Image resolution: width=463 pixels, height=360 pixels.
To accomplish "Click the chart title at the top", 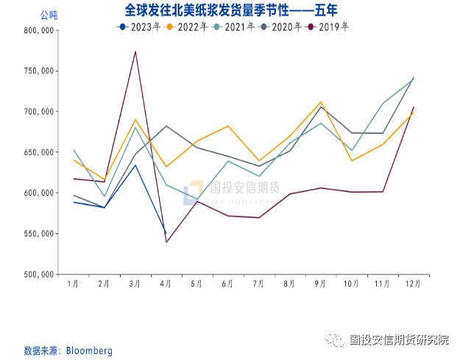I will [x=231, y=10].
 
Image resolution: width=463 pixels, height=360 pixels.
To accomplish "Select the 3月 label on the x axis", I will [x=135, y=283].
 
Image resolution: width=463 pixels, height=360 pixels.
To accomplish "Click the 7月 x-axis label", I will [x=258, y=283].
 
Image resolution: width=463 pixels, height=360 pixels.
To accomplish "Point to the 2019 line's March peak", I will [x=135, y=52].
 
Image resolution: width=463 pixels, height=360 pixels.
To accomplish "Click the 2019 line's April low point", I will [x=166, y=242].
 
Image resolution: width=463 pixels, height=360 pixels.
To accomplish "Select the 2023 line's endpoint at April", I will [x=166, y=233].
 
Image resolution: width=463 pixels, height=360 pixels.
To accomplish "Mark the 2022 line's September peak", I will [x=321, y=102].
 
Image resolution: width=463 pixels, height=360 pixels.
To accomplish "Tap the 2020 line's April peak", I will [x=166, y=126].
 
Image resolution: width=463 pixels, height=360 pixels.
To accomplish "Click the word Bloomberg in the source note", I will [x=90, y=350].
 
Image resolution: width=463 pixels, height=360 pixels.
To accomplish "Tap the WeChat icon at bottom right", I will [x=336, y=340].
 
